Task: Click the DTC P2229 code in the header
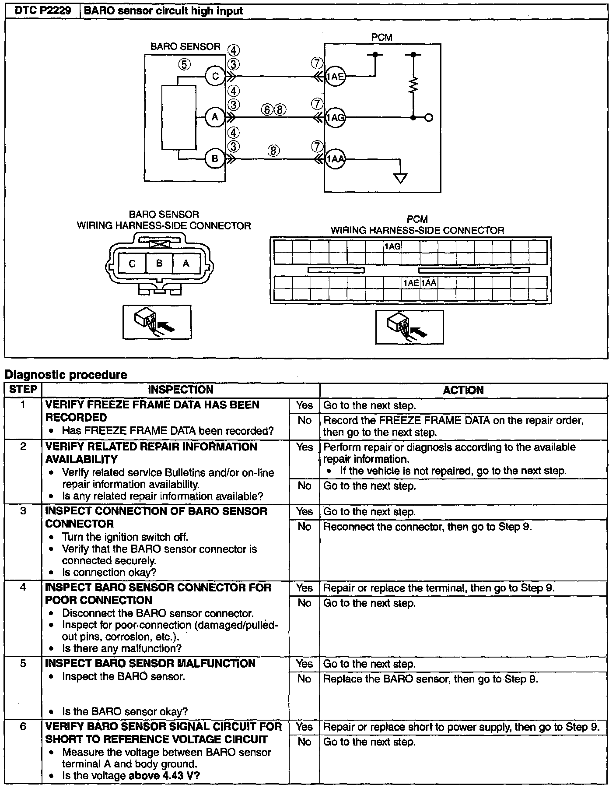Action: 43,11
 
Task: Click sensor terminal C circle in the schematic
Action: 215,77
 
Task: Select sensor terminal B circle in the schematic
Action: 215,158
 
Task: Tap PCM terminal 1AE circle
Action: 336,77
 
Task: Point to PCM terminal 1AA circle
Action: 336,159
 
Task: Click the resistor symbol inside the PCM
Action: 413,85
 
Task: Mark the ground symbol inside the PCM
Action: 400,178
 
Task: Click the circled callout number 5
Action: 184,64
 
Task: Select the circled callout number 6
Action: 267,109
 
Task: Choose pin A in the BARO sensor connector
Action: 186,264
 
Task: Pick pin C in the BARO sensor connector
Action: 132,264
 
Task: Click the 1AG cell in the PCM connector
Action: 392,246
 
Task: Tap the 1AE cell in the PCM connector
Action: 411,283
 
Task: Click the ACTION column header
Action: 463,390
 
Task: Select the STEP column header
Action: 23,390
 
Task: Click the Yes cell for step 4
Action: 304,588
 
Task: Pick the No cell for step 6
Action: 304,742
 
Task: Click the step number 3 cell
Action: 23,511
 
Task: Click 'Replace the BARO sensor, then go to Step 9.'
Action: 430,679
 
